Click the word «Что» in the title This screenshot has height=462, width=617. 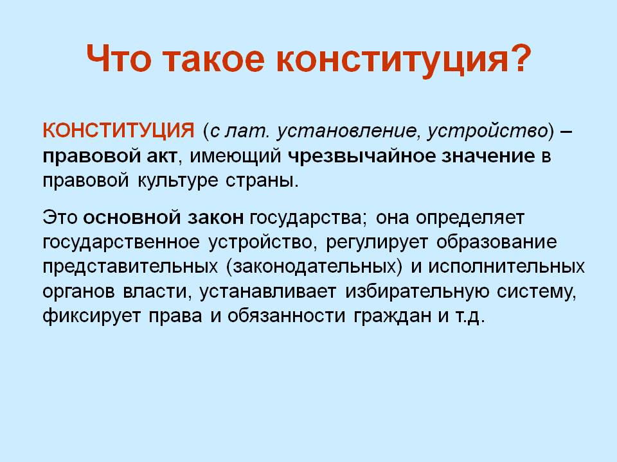tap(118, 59)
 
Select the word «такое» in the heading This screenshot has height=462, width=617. tap(213, 60)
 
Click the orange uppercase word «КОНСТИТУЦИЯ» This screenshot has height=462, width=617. tap(118, 131)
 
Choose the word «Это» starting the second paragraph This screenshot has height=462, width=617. tap(60, 218)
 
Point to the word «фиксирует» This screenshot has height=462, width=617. tap(91, 316)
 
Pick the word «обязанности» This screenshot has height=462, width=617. tap(286, 316)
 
